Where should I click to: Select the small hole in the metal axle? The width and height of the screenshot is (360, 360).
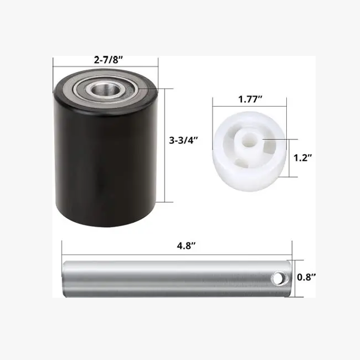[x=278, y=279]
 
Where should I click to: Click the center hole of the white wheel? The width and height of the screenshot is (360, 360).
[x=249, y=140]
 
